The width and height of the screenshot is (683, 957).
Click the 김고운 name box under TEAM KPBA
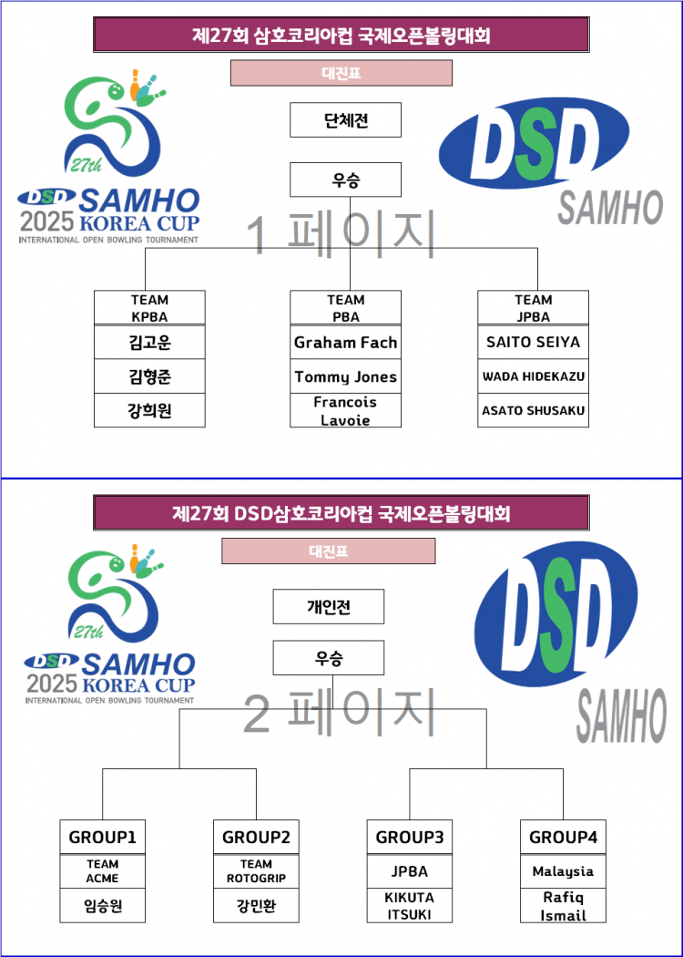click(150, 343)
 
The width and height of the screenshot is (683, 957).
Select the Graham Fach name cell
click(345, 343)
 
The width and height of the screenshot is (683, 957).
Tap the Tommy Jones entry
click(345, 376)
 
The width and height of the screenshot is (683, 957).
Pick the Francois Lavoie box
click(345, 410)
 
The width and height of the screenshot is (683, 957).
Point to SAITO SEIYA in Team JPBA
click(533, 343)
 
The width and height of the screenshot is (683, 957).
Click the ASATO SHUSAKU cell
click(533, 410)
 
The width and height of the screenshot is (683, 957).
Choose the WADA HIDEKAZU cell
click(533, 376)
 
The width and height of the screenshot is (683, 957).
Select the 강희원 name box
click(150, 410)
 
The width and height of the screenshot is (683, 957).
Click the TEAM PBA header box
click(345, 307)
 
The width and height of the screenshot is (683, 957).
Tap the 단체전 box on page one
click(345, 120)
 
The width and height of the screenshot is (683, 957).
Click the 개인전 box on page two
click(328, 607)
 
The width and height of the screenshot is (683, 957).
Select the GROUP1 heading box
click(102, 837)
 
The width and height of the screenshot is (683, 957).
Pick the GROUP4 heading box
click(563, 837)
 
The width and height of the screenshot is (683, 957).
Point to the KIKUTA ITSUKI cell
click(409, 906)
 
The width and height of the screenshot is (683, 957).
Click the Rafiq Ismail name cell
click(563, 906)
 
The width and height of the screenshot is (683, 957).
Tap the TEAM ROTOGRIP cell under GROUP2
click(255, 870)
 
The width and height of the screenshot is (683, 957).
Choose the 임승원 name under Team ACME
click(102, 906)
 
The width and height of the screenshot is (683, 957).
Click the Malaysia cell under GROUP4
click(563, 870)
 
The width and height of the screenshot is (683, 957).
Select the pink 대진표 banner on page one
click(341, 73)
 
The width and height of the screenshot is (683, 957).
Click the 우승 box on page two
click(328, 657)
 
